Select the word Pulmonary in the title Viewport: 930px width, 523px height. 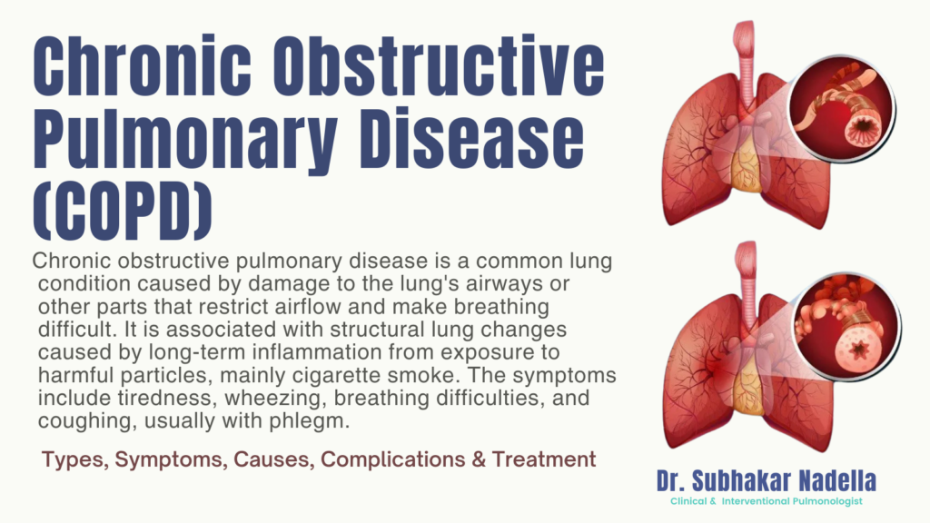tap(185, 142)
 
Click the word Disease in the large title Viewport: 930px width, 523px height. tap(472, 137)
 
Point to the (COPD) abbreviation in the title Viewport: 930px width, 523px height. tap(123, 211)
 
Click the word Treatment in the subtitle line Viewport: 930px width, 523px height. tap(544, 459)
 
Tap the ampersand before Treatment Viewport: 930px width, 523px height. tap(479, 459)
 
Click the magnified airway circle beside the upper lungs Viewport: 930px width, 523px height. tap(842, 108)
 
